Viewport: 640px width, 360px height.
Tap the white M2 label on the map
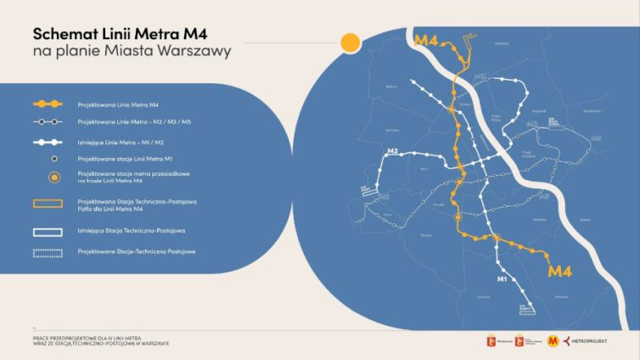[x=392, y=152]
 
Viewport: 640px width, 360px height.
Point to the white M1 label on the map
[x=502, y=278]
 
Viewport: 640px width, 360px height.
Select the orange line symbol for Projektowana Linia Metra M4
[x=48, y=104]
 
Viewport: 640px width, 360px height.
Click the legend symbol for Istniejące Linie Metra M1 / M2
[x=48, y=141]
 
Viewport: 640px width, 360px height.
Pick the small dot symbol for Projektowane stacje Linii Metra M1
[x=54, y=158]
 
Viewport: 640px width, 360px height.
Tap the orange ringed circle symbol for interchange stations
[x=54, y=177]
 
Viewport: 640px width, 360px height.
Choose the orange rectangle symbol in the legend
[x=48, y=204]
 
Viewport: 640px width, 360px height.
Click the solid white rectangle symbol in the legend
[x=48, y=230]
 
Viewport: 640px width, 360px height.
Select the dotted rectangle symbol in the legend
[x=48, y=251]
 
